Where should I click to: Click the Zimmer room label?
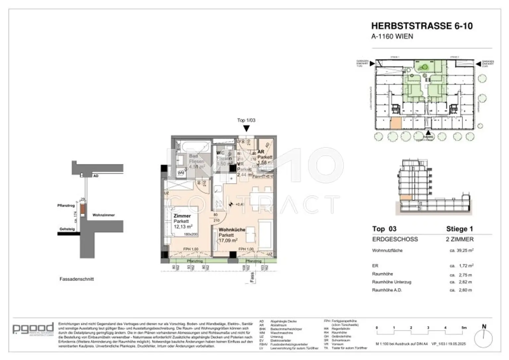(x=182, y=216)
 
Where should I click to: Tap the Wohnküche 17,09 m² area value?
(x=228, y=240)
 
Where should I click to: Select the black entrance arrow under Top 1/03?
(x=246, y=128)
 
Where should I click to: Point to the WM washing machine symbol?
(x=181, y=173)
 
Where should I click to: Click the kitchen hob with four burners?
(x=219, y=204)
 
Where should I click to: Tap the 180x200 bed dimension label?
(x=191, y=234)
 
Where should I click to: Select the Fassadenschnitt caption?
(x=77, y=279)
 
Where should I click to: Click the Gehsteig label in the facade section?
(x=67, y=229)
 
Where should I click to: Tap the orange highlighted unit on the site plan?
(x=396, y=124)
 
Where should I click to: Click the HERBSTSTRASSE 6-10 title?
(x=422, y=26)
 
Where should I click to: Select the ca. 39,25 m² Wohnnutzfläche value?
(x=461, y=250)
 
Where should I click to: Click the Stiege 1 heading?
(x=459, y=229)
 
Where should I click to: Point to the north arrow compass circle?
(x=483, y=339)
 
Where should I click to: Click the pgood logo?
(x=33, y=329)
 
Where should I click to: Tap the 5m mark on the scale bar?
(x=464, y=328)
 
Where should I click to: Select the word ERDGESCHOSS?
(x=395, y=239)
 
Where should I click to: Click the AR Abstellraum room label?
(x=261, y=152)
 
